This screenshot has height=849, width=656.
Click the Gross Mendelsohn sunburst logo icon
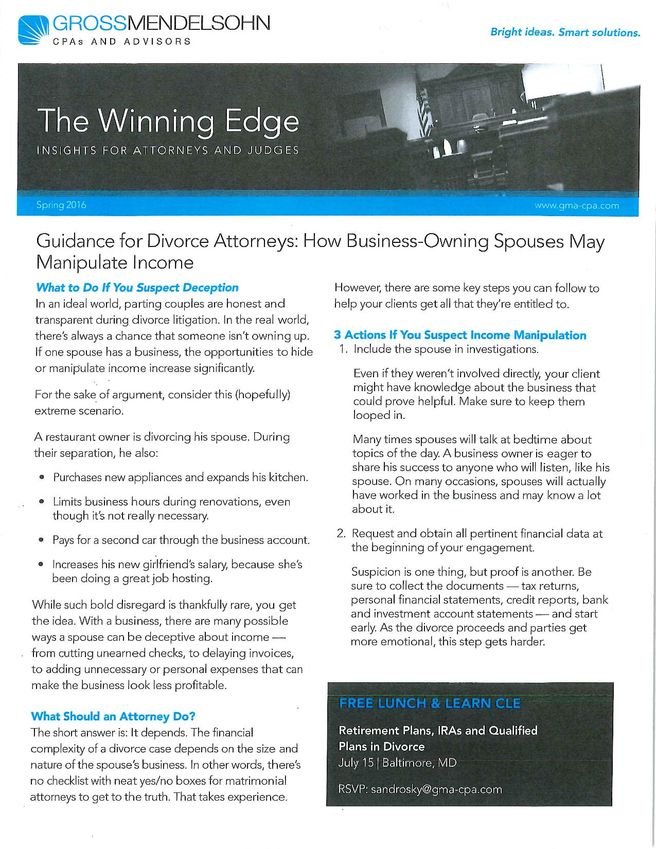(x=32, y=30)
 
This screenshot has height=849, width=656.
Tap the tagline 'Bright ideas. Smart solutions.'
(x=565, y=32)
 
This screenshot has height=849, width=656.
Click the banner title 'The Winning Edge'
(x=168, y=121)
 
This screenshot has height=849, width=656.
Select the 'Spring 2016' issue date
(x=61, y=205)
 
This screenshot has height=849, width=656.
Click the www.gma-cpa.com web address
(x=577, y=206)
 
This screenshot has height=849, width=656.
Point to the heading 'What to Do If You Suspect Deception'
(x=137, y=287)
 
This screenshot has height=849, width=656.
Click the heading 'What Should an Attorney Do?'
(x=113, y=716)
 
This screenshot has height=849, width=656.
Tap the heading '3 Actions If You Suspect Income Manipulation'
(x=460, y=335)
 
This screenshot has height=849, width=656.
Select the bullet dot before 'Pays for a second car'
(x=42, y=541)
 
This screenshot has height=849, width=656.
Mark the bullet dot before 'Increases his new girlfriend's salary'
(x=41, y=565)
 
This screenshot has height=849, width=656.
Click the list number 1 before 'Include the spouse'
(x=343, y=349)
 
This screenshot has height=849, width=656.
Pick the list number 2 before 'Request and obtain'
(x=341, y=534)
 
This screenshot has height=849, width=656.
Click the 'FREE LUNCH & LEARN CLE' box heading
(x=430, y=703)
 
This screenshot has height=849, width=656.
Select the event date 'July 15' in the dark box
(x=356, y=762)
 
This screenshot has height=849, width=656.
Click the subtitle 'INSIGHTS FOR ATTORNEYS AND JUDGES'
(x=167, y=151)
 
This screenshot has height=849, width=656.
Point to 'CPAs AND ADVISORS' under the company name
(x=122, y=41)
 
